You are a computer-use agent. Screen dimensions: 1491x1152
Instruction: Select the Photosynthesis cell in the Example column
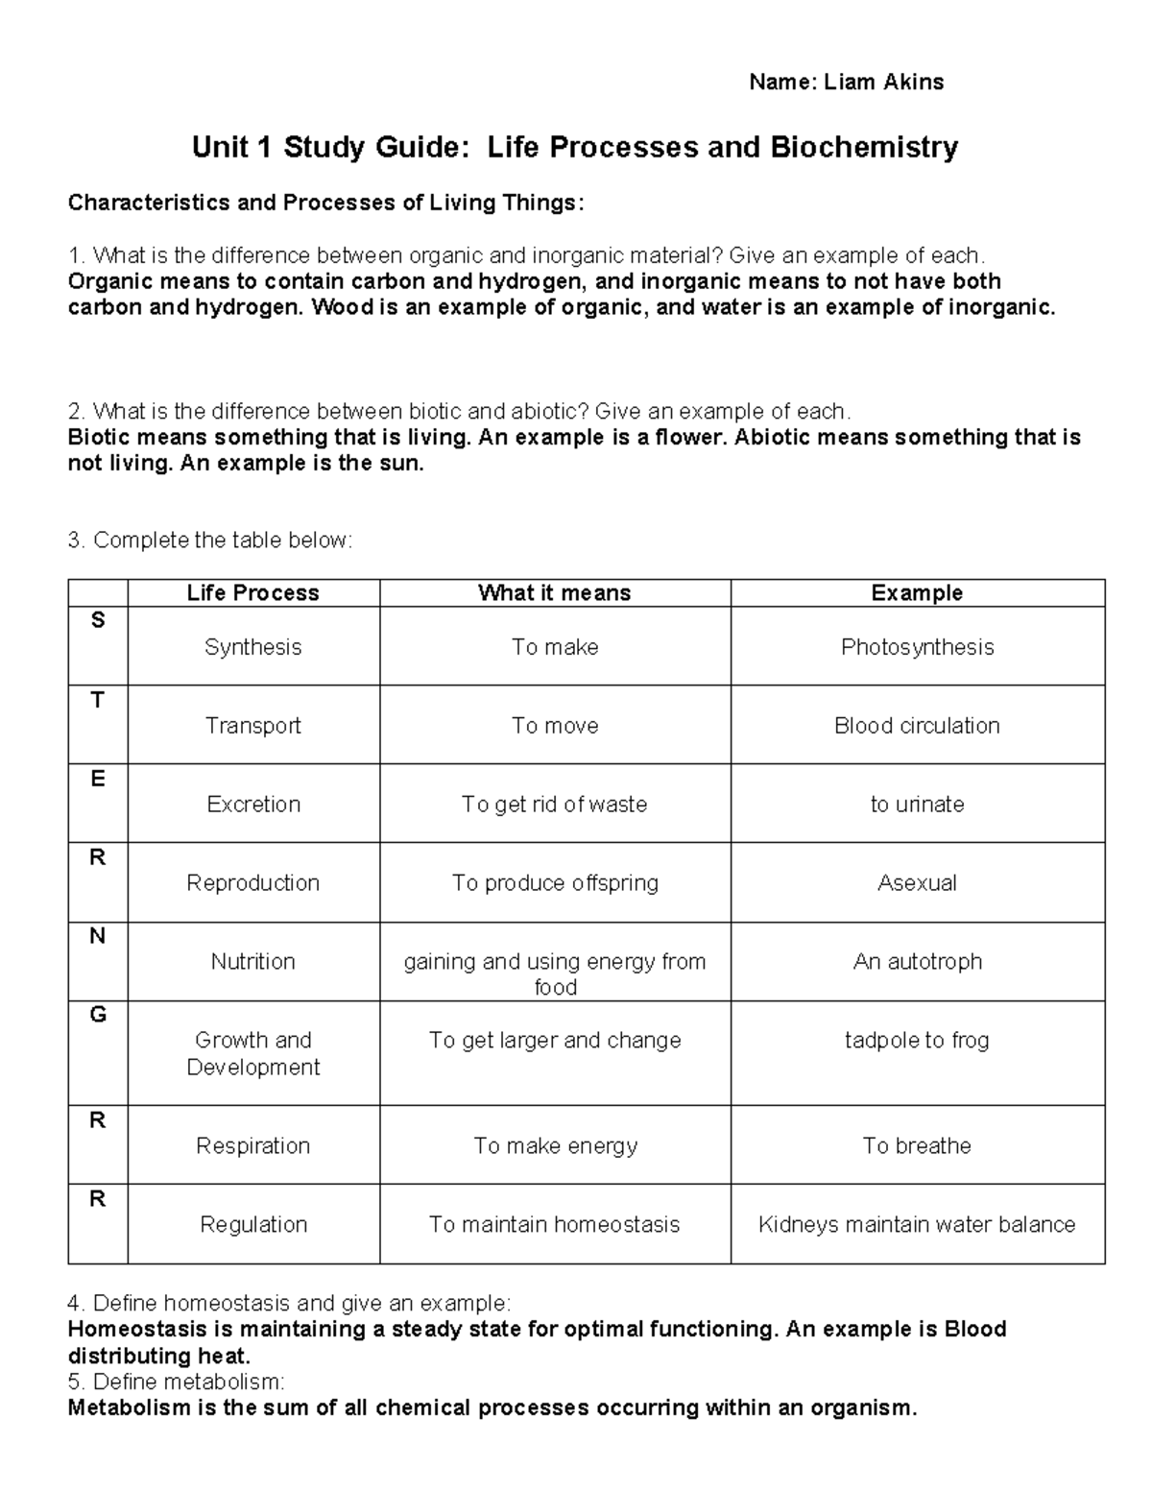click(917, 647)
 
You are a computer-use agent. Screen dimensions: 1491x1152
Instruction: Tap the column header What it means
click(554, 593)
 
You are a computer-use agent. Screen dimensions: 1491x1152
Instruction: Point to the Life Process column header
click(252, 593)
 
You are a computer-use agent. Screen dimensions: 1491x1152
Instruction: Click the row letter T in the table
click(97, 701)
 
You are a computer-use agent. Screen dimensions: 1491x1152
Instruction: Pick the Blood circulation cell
click(917, 726)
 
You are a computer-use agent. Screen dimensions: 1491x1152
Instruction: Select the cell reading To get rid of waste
click(554, 805)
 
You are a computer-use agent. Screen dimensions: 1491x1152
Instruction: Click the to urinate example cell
click(917, 805)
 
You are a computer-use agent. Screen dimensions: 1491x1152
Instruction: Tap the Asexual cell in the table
click(917, 883)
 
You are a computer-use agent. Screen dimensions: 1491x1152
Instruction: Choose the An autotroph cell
click(917, 962)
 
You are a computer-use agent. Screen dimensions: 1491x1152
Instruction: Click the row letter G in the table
click(97, 1015)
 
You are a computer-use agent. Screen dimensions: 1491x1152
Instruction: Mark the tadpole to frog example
click(917, 1041)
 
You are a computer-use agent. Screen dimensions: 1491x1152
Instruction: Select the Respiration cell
click(252, 1146)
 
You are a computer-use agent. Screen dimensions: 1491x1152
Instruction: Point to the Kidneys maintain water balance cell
click(917, 1225)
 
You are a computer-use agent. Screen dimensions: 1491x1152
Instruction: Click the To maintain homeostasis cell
click(554, 1225)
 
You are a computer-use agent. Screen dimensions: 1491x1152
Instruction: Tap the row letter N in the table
click(97, 936)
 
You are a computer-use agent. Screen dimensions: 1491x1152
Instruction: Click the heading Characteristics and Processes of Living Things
click(324, 204)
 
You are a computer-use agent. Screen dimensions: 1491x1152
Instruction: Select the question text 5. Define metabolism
click(177, 1383)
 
